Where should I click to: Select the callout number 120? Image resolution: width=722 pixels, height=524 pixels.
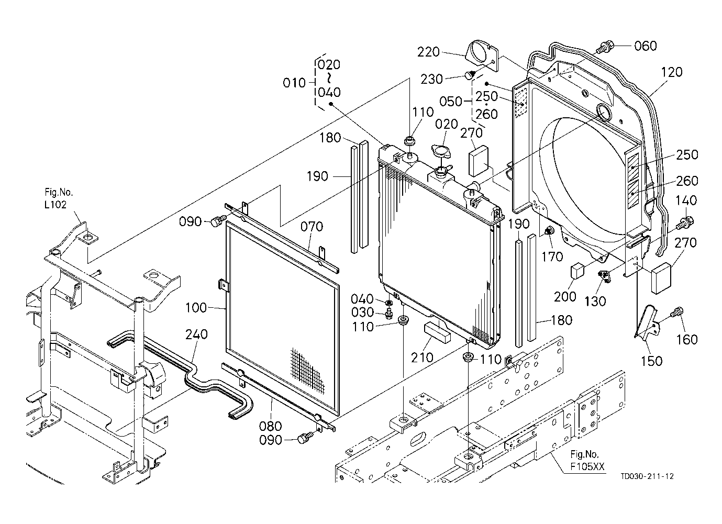(x=672, y=72)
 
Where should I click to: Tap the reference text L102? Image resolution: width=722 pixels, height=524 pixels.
(x=55, y=205)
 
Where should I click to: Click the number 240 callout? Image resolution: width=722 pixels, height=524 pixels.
(x=196, y=334)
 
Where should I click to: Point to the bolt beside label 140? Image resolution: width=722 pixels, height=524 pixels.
(x=684, y=223)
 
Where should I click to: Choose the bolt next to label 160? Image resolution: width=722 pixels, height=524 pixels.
(x=677, y=314)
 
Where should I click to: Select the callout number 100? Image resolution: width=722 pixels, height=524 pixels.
(x=196, y=308)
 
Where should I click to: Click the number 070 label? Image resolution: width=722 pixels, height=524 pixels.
(x=312, y=227)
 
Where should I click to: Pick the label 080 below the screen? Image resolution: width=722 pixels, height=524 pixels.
(x=271, y=426)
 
